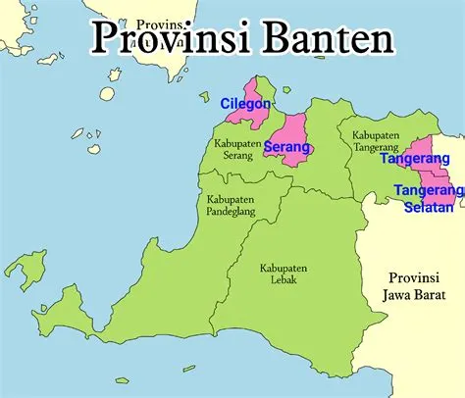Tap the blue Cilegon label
(245, 103)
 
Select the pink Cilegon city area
(246, 114)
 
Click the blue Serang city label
(287, 147)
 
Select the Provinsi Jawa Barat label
(411, 285)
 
